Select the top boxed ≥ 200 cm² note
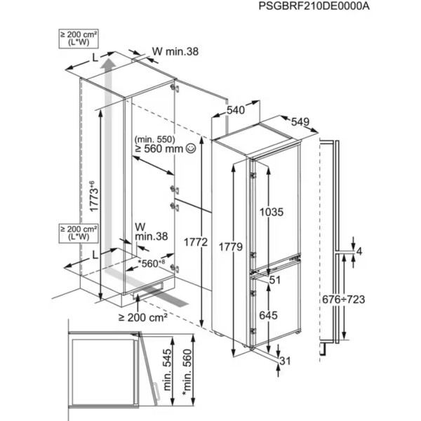click(x=78, y=39)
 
